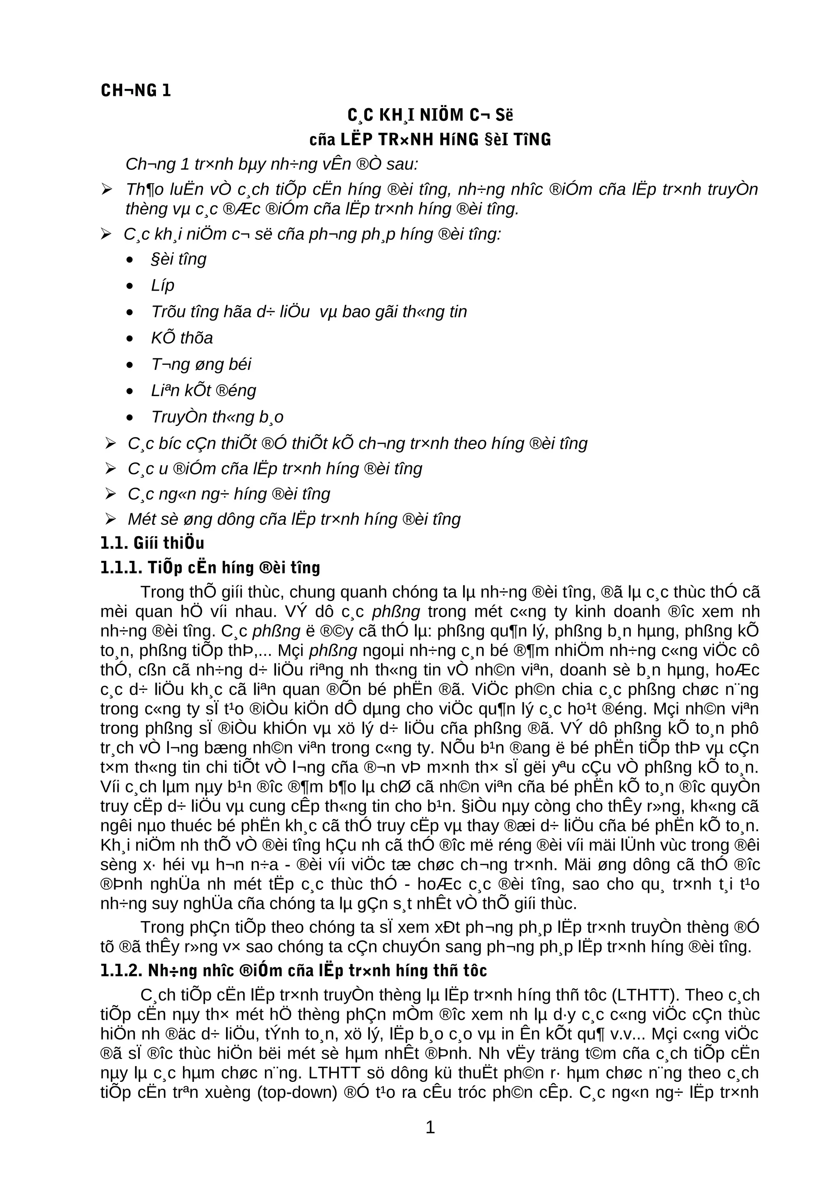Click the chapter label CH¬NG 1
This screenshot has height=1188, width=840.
click(x=136, y=91)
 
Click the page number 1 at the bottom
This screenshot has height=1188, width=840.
click(x=429, y=1127)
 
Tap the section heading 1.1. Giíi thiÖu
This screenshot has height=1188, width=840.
click(x=152, y=543)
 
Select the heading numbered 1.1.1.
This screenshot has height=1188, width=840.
click(x=210, y=568)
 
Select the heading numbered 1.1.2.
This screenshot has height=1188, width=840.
click(x=293, y=970)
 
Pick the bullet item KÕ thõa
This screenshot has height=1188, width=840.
click(x=182, y=338)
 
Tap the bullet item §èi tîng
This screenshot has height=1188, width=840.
click(x=178, y=259)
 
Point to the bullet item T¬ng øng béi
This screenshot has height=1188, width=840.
click(x=201, y=364)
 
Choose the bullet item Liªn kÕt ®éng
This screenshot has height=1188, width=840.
click(x=203, y=391)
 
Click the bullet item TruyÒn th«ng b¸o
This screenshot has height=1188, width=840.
click(x=217, y=417)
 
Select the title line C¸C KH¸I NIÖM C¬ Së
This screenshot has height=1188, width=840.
click(x=430, y=115)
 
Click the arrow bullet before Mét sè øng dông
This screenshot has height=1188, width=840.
click(x=110, y=519)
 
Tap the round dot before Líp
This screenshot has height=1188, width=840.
click(x=130, y=286)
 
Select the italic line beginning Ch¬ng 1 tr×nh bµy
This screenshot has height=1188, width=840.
click(x=272, y=164)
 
